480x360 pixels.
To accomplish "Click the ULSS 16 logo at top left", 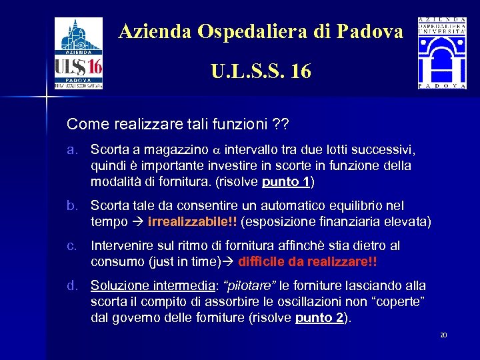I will pyautogui.click(x=79, y=53).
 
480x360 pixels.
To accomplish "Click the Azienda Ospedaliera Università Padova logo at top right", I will pyautogui.click(x=442, y=53).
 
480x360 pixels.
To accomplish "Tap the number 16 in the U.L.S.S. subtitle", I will pyautogui.click(x=300, y=71).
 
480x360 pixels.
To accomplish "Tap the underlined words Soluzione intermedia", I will pyautogui.click(x=153, y=286).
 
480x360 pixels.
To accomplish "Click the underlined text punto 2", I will pyautogui.click(x=319, y=318).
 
